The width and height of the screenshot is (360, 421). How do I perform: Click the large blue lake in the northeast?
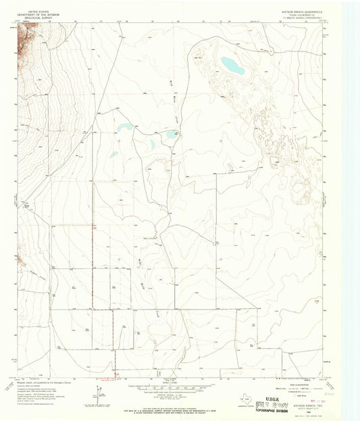click(x=232, y=66)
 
